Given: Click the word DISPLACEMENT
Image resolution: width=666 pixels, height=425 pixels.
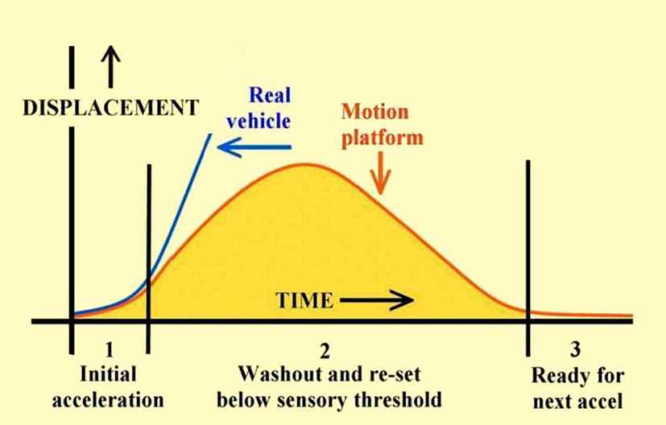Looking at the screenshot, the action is coord(111,107).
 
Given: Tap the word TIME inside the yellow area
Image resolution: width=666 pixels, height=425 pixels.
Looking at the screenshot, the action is coord(304,300).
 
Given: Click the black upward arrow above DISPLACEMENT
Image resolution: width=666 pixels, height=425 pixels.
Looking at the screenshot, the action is coord(111,67).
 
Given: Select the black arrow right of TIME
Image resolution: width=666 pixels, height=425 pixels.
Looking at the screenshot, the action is coord(377,300).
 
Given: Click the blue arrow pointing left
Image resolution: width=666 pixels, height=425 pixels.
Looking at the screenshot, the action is coord(254,147).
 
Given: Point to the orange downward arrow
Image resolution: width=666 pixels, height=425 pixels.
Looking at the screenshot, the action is coord(380,173).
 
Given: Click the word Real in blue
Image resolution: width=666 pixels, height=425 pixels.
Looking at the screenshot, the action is coord(270,95).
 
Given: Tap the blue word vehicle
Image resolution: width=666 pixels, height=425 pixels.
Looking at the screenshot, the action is coord(259,122).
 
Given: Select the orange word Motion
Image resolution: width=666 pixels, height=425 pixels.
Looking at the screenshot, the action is coord(375,112).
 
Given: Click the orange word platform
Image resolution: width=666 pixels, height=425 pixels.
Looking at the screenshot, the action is coord(383,138).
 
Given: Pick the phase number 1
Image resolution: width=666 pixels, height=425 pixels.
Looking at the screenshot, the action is coord(110,349).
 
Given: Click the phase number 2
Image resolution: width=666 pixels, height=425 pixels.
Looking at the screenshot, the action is coord(325,351).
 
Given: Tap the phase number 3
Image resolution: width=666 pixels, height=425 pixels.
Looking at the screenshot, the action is coord(575,349).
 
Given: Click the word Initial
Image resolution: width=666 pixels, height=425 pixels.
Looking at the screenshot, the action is coord(108,374).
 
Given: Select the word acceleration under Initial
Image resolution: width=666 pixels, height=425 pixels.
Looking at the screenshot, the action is coord(108,400).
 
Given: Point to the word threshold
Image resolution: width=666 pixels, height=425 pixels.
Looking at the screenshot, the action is coord(398,399).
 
